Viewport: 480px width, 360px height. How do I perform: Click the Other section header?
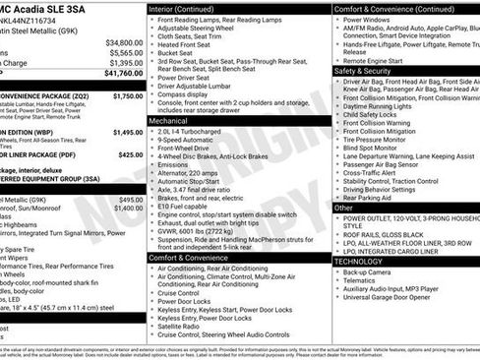click(x=344, y=208)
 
